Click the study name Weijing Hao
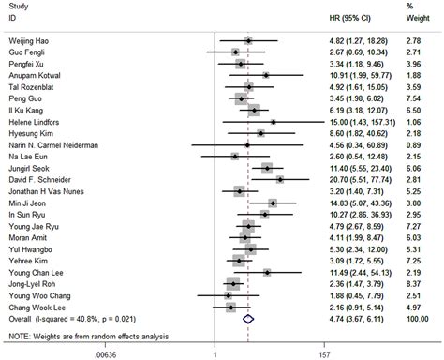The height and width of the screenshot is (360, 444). (x=29, y=40)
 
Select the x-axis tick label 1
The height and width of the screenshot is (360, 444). (x=216, y=354)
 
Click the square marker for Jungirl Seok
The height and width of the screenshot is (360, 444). (x=269, y=166)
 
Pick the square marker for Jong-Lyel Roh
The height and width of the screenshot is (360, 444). (x=232, y=280)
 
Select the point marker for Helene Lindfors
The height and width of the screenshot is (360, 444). (x=273, y=121)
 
